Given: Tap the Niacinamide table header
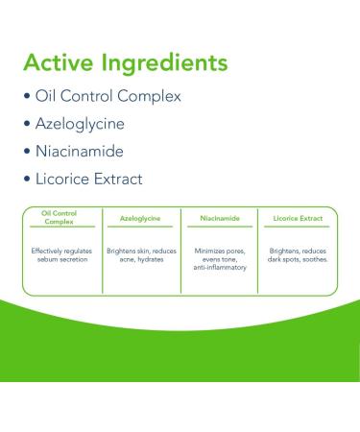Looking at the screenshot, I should tap(219, 219).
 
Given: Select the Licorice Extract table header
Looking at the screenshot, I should tap(299, 219).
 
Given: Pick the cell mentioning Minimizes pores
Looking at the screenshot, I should tap(219, 258).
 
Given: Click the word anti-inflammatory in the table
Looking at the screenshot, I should tap(219, 267).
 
